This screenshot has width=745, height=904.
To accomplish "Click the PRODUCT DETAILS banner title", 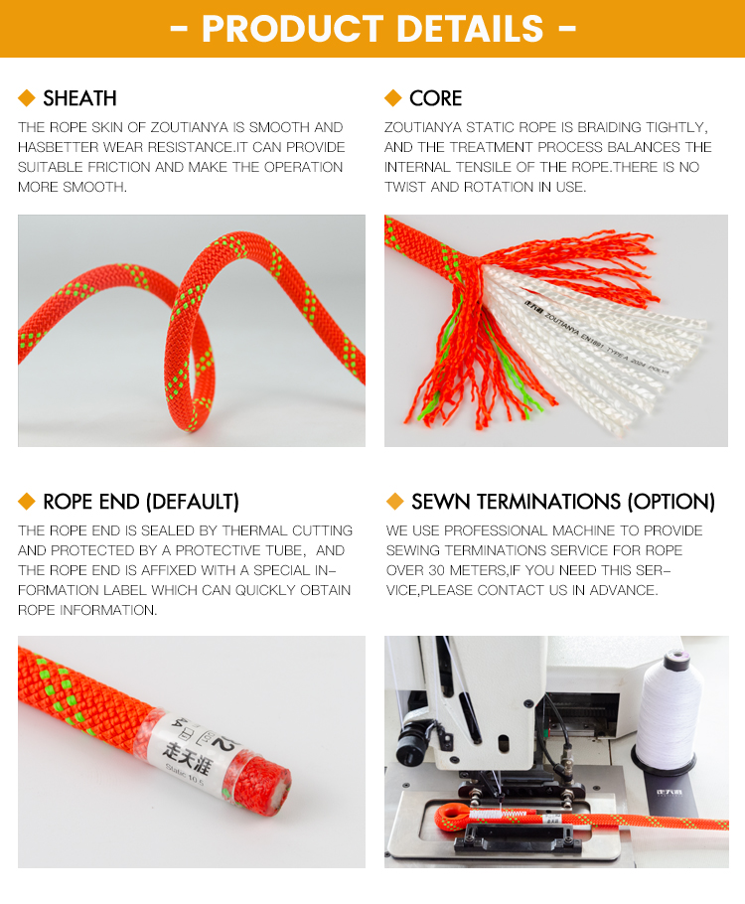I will [372, 28].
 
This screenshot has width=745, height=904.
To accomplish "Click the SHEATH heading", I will [79, 98].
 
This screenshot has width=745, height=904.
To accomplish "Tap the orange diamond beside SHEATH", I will [27, 97].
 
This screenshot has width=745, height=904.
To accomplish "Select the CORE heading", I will [435, 98].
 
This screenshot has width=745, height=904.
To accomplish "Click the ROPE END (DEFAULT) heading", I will [141, 502].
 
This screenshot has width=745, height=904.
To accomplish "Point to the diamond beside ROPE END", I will [27, 501].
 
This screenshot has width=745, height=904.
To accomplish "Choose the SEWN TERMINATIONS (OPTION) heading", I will [562, 502].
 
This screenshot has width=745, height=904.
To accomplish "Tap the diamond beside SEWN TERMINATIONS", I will [395, 501].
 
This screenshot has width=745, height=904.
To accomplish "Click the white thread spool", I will [669, 710].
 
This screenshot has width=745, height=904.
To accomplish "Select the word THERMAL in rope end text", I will [252, 530].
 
